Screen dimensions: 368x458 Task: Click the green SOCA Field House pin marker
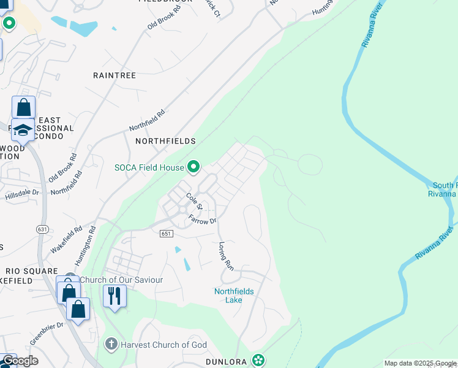click(x=194, y=167)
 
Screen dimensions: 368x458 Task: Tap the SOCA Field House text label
click(x=149, y=167)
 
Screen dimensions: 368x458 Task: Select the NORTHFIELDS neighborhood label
click(x=165, y=141)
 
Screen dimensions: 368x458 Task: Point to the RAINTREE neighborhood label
click(x=114, y=75)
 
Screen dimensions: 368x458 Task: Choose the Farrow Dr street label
click(x=203, y=219)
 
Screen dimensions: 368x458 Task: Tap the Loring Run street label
click(x=227, y=256)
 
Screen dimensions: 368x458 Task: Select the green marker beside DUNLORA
click(x=260, y=360)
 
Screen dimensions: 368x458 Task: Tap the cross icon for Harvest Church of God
click(x=111, y=344)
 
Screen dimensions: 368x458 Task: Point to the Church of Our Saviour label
click(x=121, y=280)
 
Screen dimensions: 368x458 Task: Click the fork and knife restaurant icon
click(x=114, y=296)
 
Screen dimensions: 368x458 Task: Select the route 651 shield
click(x=167, y=234)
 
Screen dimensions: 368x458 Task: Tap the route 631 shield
click(x=42, y=229)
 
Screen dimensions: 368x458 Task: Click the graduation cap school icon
click(x=23, y=130)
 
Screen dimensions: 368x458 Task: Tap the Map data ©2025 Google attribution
click(x=420, y=363)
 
